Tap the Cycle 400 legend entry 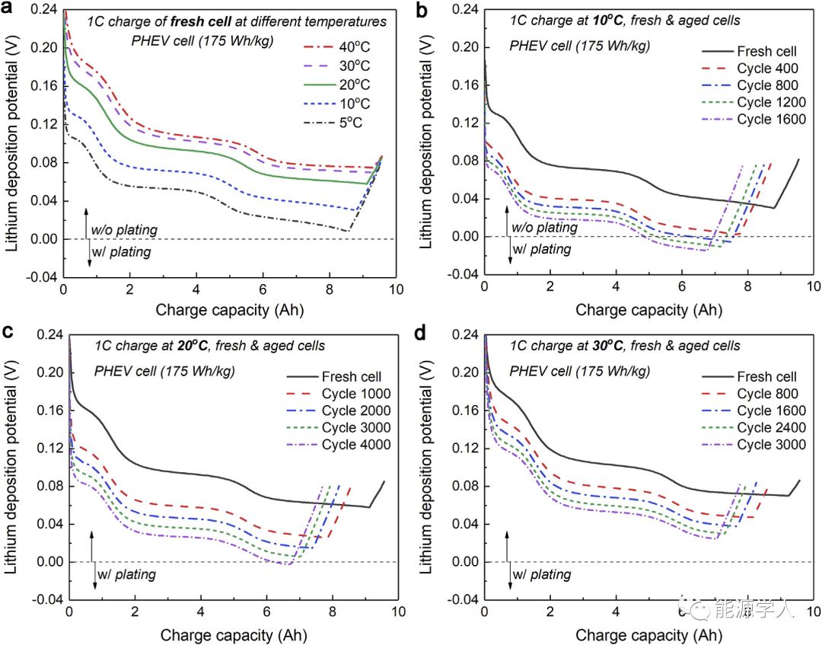click(x=766, y=69)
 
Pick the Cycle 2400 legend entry click(x=767, y=427)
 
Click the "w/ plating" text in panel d click(x=541, y=574)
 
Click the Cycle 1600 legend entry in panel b click(x=770, y=120)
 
